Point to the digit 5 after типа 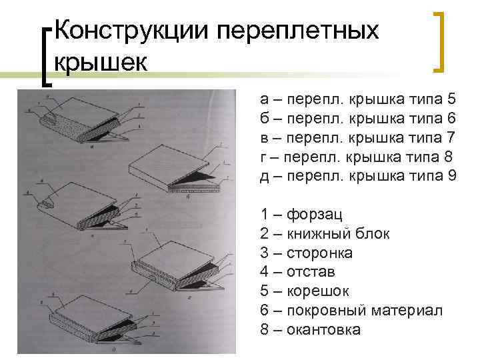[x=451, y=99]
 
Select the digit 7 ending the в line [x=451, y=138]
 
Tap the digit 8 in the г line [x=448, y=157]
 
